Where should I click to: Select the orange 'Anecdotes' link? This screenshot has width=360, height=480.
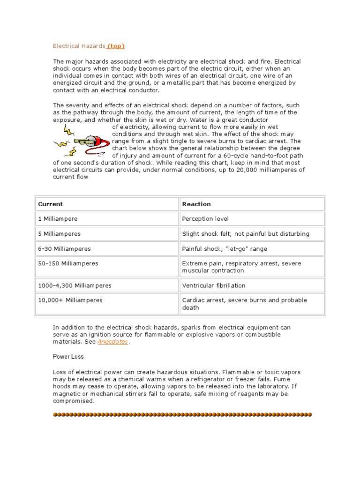(x=112, y=342)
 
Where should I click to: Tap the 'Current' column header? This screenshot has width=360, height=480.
(x=51, y=204)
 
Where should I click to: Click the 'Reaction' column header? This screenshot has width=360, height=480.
(x=196, y=204)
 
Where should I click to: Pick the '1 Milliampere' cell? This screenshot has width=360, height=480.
(x=58, y=219)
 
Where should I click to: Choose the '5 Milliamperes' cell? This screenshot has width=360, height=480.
(x=60, y=233)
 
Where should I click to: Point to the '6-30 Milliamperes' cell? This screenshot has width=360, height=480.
(x=64, y=248)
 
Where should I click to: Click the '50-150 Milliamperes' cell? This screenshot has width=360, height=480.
(x=68, y=263)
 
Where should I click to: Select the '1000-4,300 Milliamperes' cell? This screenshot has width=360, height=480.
(x=75, y=285)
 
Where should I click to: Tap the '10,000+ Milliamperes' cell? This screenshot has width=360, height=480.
(x=70, y=300)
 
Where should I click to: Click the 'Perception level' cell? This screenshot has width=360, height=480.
(x=205, y=219)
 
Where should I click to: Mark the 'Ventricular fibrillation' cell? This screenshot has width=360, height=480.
(x=214, y=285)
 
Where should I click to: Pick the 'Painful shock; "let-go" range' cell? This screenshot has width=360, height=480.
(x=225, y=248)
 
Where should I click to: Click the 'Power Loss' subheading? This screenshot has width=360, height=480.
(x=68, y=357)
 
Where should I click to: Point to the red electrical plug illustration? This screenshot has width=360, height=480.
(x=87, y=140)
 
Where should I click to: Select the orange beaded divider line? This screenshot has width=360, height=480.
(x=182, y=414)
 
